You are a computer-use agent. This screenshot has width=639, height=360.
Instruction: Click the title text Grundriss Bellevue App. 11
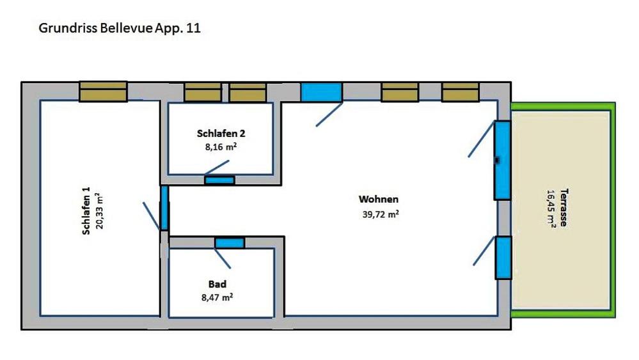point(120,29)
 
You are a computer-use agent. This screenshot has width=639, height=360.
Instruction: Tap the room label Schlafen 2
point(221,133)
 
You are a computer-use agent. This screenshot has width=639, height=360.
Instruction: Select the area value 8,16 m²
point(221,146)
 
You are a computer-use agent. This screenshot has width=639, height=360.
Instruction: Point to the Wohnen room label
point(379,199)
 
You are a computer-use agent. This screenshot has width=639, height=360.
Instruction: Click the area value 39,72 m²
point(381,214)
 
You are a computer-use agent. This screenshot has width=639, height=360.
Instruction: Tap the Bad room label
point(217,284)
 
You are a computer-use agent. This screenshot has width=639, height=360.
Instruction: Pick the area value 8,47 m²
point(217,297)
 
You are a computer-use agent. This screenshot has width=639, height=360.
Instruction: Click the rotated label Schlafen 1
point(86,211)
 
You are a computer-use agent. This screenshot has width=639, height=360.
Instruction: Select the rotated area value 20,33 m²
point(99,211)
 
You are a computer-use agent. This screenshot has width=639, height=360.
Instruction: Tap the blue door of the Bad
point(230,243)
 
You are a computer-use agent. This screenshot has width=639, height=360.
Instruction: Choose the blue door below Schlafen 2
point(219,180)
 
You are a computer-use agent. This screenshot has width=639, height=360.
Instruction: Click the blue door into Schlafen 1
point(164,208)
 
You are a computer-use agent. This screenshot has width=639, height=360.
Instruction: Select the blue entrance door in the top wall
point(321,92)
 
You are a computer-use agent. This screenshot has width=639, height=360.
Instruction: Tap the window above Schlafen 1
point(103,91)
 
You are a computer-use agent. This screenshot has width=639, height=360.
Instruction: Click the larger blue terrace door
point(503,160)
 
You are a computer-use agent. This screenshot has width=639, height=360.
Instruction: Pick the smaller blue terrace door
point(503,258)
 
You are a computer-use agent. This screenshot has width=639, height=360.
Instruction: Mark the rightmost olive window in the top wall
point(461,92)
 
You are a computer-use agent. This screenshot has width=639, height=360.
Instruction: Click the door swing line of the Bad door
point(223,258)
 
